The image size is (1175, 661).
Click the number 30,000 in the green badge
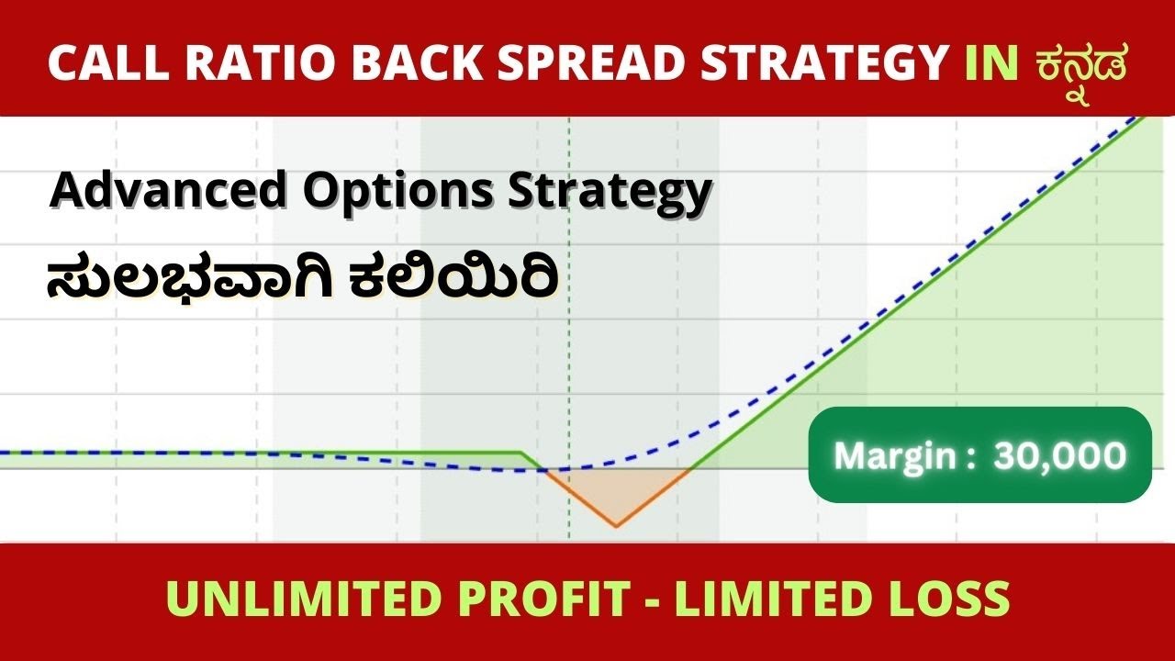tap(1059, 455)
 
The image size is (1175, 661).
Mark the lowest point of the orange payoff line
tap(616, 526)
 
